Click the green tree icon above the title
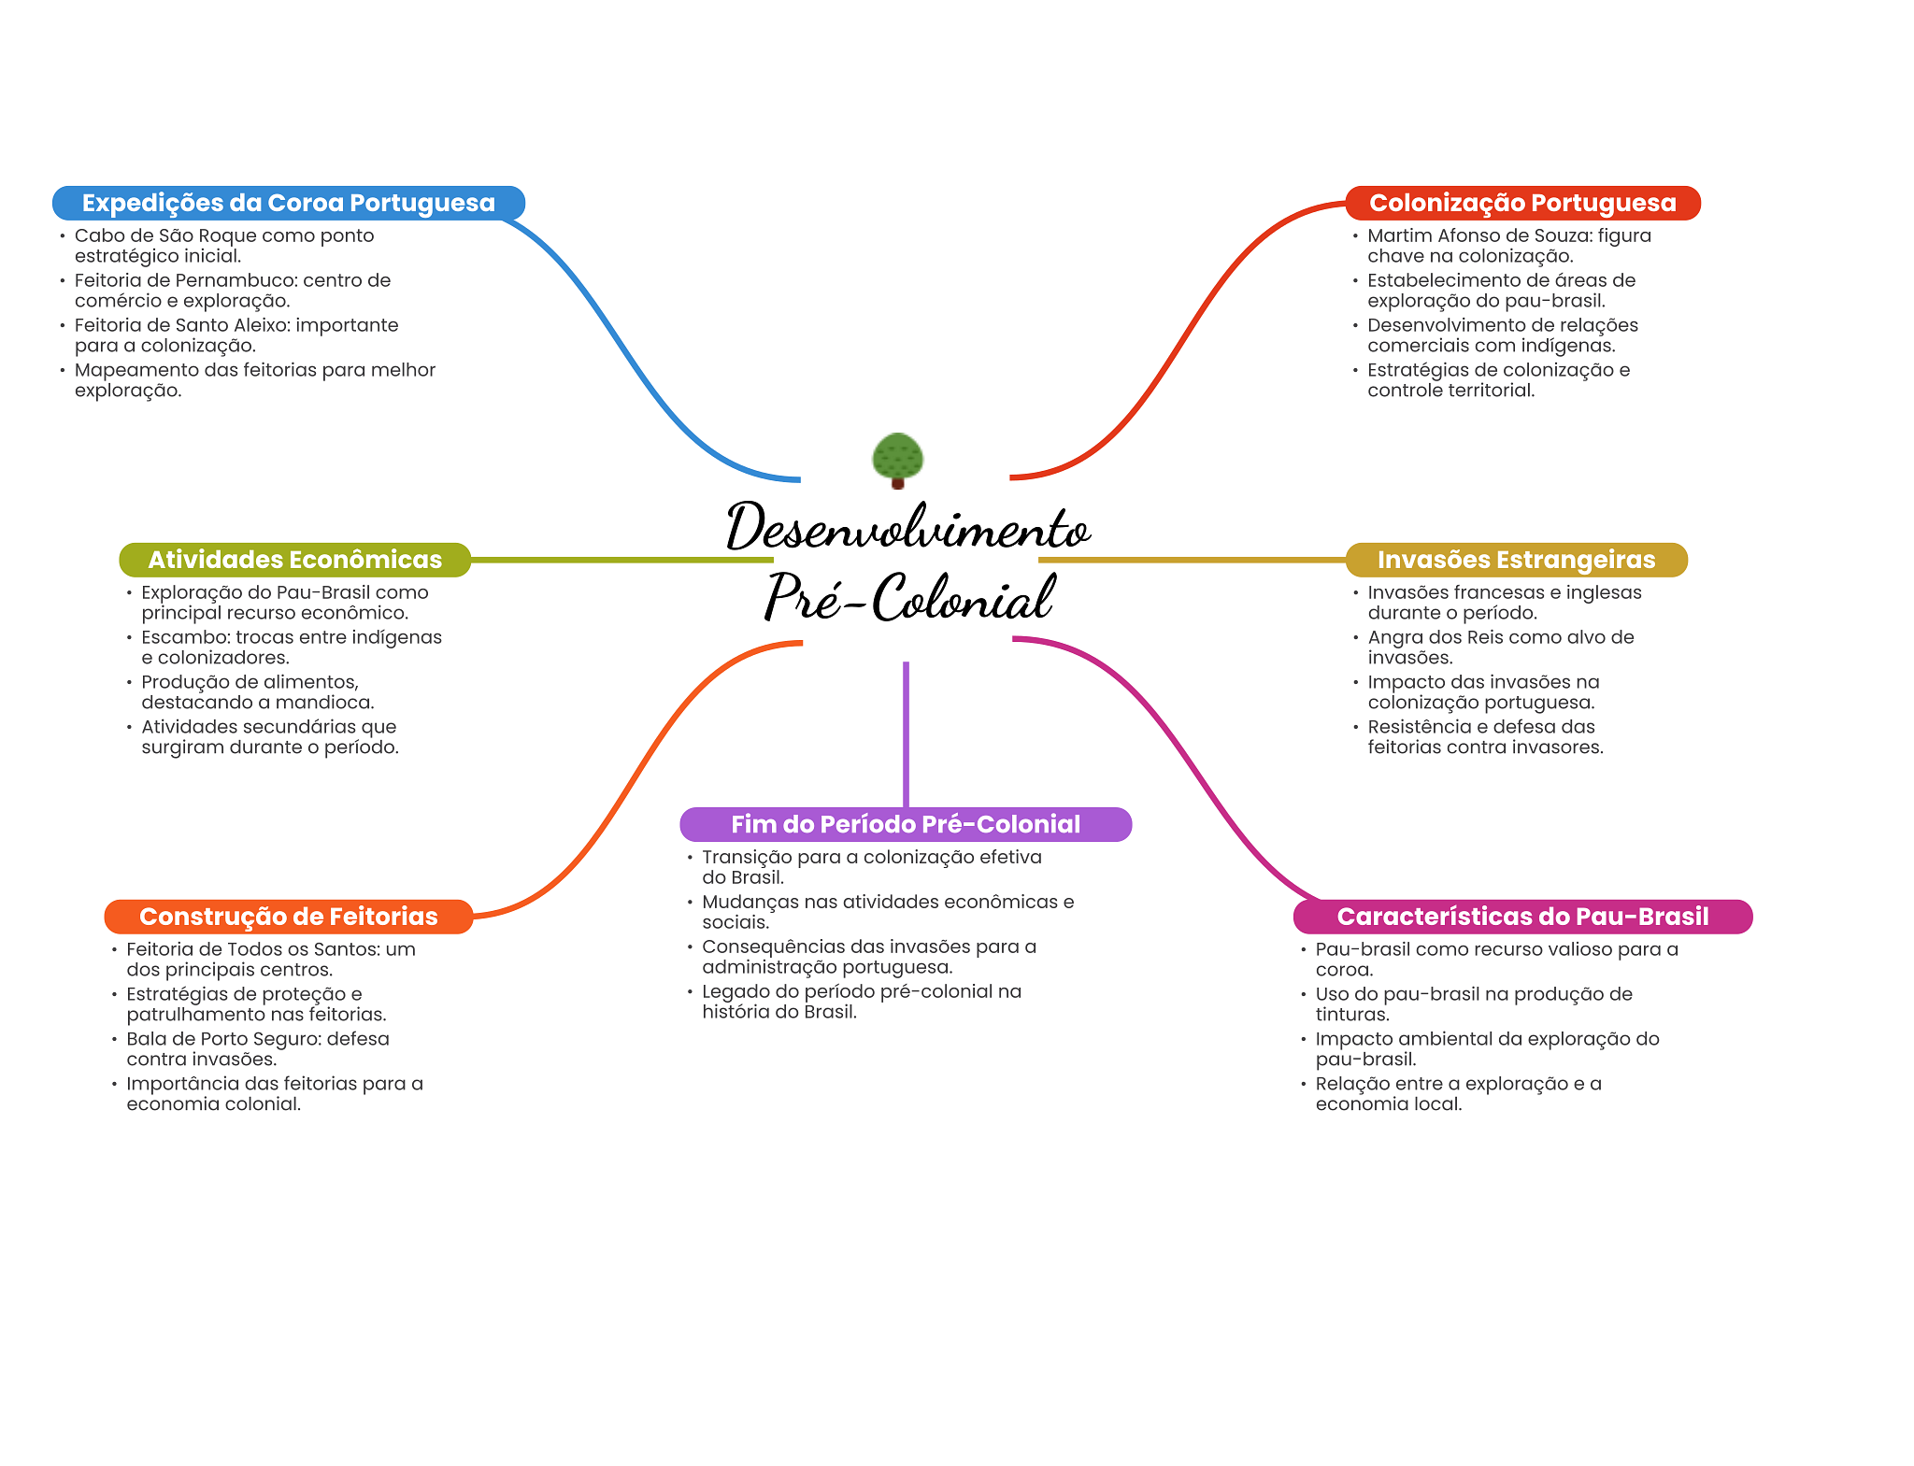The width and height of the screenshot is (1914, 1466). pos(897,459)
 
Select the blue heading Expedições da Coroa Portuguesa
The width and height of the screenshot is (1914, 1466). pos(288,204)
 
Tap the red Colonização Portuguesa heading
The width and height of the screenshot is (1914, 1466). pos(1521,204)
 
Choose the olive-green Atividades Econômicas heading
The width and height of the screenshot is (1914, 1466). pos(294,560)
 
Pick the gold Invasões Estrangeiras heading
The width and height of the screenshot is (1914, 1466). pos(1516,560)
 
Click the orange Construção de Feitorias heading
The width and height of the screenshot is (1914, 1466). pos(288,917)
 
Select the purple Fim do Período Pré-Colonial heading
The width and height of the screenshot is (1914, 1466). pos(905,824)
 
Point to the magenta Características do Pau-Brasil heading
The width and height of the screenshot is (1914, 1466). pos(1522,917)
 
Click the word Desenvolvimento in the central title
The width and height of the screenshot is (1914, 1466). pos(907,528)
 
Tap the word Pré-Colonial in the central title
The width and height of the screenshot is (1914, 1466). pos(909,597)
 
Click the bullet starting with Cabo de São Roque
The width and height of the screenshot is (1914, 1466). pos(224,246)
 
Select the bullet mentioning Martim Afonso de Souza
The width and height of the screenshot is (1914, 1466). pos(1508,246)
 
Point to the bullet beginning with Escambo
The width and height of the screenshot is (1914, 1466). pos(291,648)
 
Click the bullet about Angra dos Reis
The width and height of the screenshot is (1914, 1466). pos(1500,648)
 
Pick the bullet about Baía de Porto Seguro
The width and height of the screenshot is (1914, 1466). pos(258,1049)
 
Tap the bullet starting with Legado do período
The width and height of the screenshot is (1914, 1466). pos(861,1002)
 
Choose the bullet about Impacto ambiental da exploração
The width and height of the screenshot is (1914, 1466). pos(1487,1049)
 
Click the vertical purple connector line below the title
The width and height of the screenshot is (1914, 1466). pos(906,733)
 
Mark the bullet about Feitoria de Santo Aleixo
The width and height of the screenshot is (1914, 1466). pos(236,335)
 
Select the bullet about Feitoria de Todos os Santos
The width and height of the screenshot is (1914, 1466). pos(270,960)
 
